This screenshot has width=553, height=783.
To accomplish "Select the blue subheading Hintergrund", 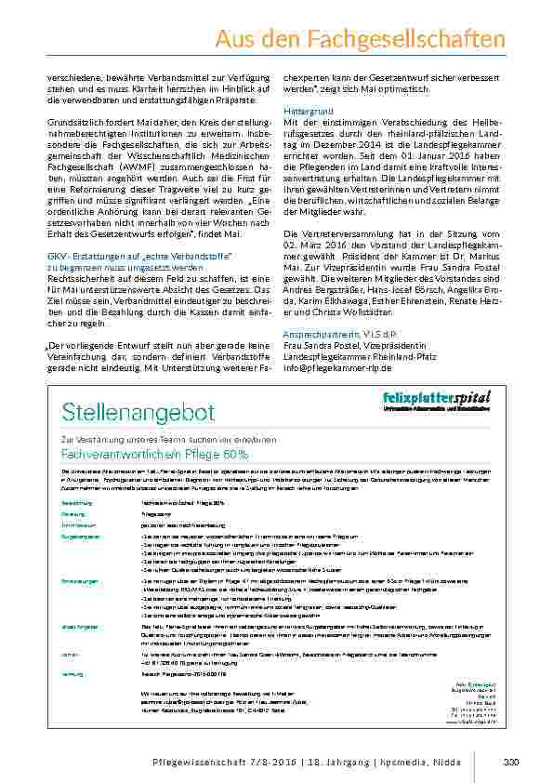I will (306, 112).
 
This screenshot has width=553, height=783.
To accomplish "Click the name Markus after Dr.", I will (489, 255).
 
